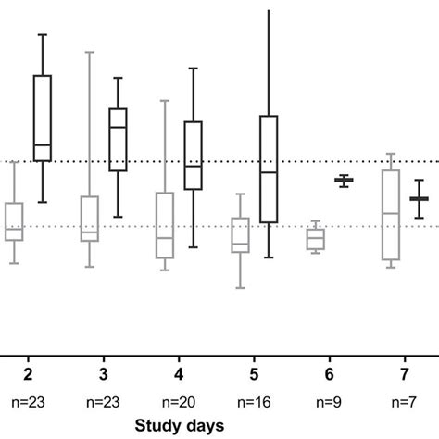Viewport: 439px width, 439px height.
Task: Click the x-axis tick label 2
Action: pyautogui.click(x=30, y=373)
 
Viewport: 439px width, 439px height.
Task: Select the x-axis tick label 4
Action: pyautogui.click(x=179, y=373)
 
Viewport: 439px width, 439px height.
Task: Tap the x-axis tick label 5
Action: pyautogui.click(x=254, y=373)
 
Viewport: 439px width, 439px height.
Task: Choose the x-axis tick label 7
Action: pyautogui.click(x=404, y=373)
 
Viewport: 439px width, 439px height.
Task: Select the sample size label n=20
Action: pyautogui.click(x=179, y=403)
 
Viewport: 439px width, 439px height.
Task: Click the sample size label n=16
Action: pyautogui.click(x=254, y=403)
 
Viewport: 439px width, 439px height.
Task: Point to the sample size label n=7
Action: pyautogui.click(x=404, y=403)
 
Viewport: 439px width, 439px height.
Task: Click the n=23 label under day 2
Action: pyautogui.click(x=30, y=403)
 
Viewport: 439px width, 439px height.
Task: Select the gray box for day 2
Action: pyautogui.click(x=14, y=220)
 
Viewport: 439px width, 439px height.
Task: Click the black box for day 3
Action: pyautogui.click(x=117, y=139)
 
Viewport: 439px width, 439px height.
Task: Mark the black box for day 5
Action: pyautogui.click(x=269, y=169)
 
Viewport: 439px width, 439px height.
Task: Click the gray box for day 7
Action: pyautogui.click(x=390, y=214)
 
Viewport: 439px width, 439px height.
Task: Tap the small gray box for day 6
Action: pyautogui.click(x=316, y=240)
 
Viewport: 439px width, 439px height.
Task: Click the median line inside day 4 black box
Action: pyautogui.click(x=193, y=167)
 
